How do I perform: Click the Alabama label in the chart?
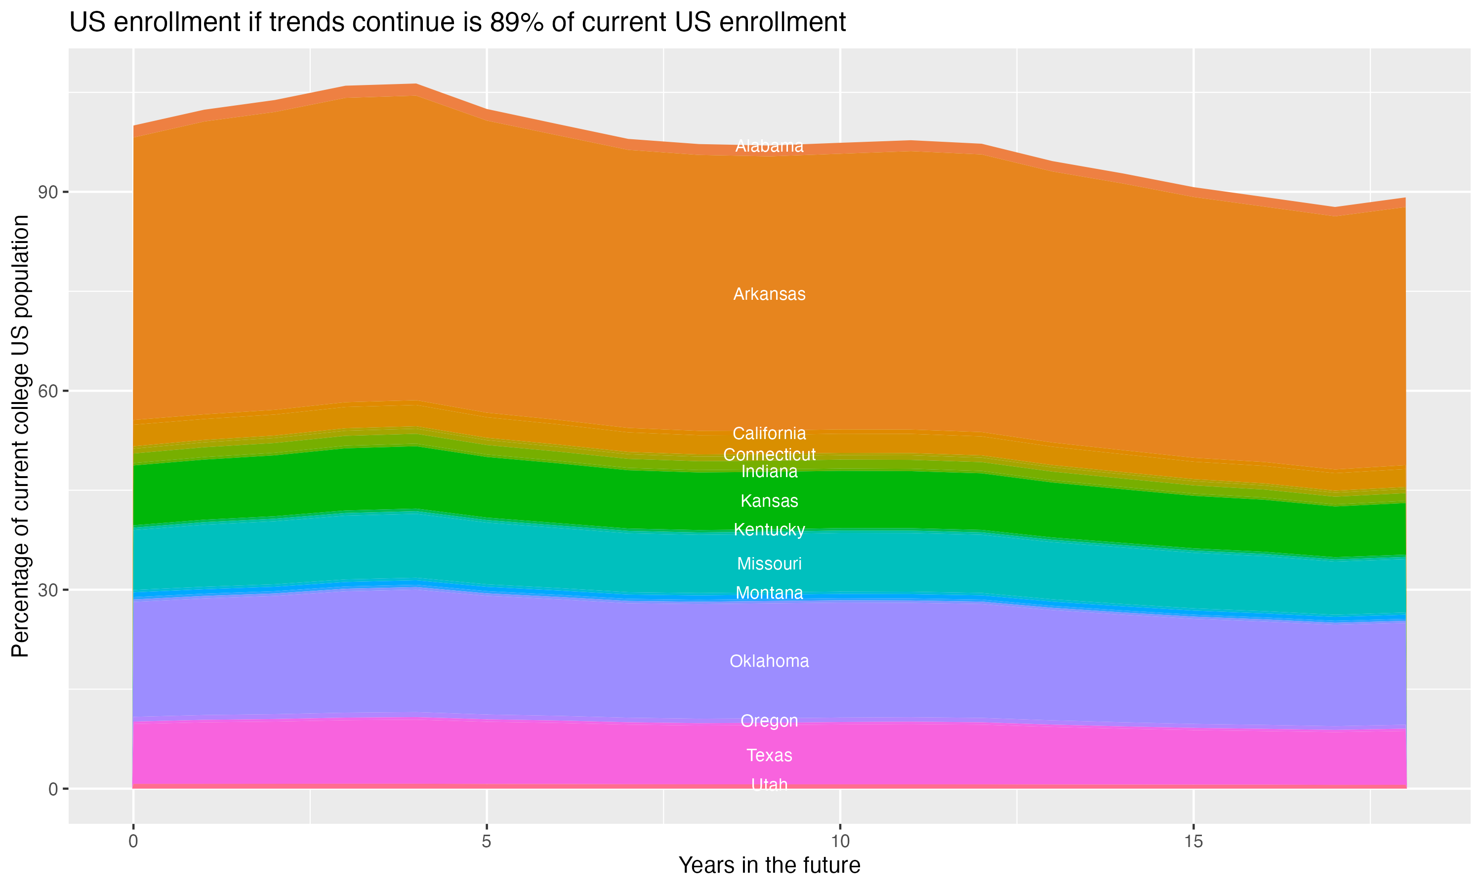click(769, 146)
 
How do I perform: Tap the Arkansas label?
click(769, 294)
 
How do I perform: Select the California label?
click(769, 433)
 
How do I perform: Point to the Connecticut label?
click(769, 455)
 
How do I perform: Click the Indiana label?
click(769, 472)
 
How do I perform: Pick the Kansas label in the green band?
click(769, 501)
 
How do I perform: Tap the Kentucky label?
click(769, 529)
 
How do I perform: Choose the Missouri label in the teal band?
click(769, 564)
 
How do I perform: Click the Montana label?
click(769, 593)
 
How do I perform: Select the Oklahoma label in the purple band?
click(769, 661)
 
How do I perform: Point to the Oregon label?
click(769, 721)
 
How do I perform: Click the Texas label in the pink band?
click(769, 756)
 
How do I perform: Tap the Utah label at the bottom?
click(769, 785)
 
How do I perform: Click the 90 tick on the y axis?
click(48, 192)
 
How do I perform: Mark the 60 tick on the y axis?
click(48, 391)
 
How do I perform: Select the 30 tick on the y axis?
click(48, 590)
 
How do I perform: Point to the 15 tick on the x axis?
click(1194, 842)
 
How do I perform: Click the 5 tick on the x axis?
click(487, 842)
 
